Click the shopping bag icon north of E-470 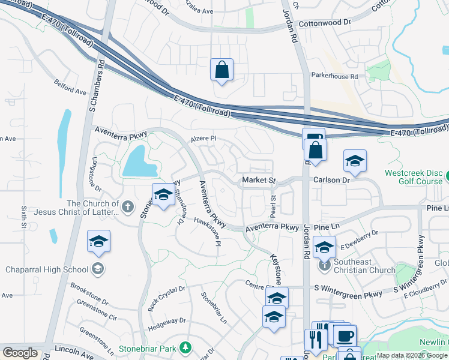point(221,70)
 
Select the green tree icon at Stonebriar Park point(186,347)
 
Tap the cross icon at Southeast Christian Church point(324,264)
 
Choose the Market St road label point(258,180)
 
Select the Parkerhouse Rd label point(334,76)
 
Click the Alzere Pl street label point(203,139)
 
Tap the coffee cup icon point(345,336)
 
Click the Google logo point(20,352)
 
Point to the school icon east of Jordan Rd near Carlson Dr point(355,161)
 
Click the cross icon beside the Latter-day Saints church point(127,207)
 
